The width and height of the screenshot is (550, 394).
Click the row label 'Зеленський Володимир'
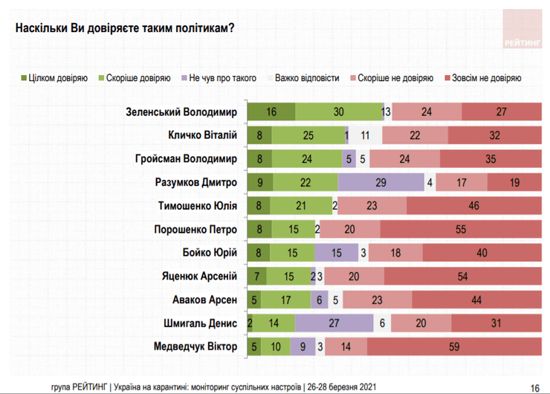pos(181,112)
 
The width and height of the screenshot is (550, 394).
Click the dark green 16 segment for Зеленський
pos(271,112)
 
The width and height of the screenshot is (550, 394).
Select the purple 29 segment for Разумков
pos(381,183)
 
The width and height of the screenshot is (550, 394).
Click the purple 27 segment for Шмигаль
pos(334,323)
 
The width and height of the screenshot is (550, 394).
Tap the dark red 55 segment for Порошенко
pos(461,230)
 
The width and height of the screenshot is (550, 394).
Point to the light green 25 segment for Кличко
pos(308,136)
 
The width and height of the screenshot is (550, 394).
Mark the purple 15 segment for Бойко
pos(336,253)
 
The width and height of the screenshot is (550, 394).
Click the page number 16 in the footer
pos(534,387)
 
